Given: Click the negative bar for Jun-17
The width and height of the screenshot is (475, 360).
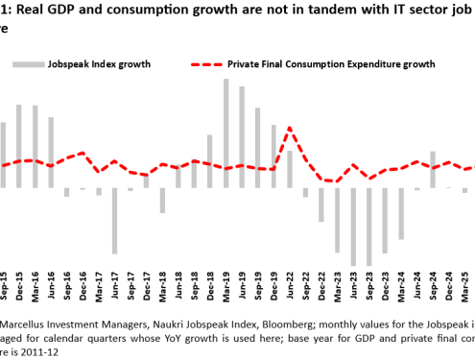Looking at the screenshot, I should (114, 220).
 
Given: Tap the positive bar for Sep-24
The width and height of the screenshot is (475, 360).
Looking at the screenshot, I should (433, 169).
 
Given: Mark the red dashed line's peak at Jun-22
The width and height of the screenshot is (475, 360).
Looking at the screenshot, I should (290, 128).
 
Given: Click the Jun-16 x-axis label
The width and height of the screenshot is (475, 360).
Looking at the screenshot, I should (51, 287).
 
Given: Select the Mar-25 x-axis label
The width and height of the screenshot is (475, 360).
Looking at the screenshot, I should (464, 287).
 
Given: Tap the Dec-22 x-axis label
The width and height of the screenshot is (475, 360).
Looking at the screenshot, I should (321, 287).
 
